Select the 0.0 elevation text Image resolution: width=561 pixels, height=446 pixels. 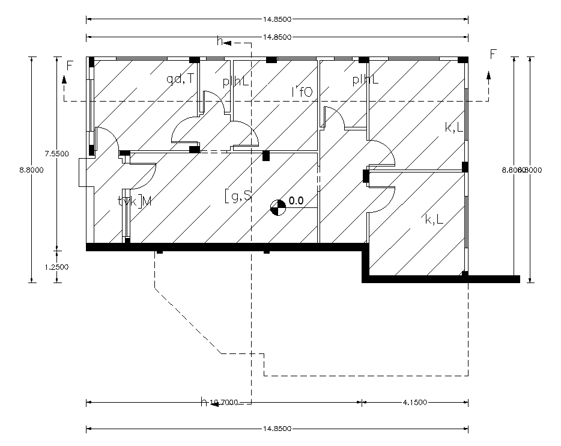click(296, 201)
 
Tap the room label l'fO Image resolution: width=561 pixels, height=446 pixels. click(302, 91)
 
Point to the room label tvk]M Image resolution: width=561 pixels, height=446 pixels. click(135, 201)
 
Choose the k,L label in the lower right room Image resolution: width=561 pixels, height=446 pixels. click(434, 220)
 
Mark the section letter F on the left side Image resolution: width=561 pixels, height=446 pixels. click(70, 66)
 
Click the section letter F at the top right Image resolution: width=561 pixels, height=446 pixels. click(493, 55)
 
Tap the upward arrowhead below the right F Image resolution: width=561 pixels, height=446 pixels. click(488, 75)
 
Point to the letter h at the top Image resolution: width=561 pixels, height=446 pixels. click(220, 43)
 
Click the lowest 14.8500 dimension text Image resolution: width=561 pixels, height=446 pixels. click(277, 429)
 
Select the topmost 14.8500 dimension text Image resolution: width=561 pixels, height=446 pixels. click(277, 19)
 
